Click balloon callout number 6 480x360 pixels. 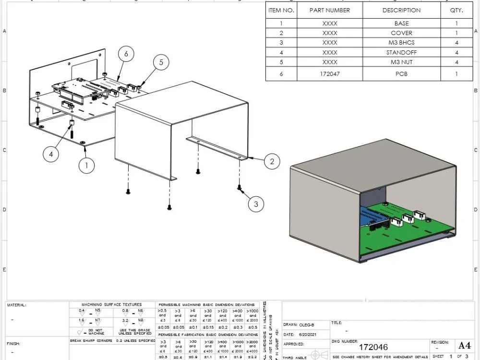126,54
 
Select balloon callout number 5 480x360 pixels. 161,62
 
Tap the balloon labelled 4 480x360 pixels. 51,154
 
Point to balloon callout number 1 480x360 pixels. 87,166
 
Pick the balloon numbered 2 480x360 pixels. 272,161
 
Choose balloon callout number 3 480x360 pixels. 256,204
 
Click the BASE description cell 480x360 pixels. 401,23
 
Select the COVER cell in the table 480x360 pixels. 401,33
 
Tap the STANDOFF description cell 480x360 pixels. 401,52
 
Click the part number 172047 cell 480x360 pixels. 330,74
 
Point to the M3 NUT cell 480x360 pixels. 401,62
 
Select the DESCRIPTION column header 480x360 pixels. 401,10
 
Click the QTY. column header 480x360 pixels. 456,10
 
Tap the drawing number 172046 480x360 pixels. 373,347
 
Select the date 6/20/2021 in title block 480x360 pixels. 308,334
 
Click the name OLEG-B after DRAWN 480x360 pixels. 307,325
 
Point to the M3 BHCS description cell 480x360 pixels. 401,43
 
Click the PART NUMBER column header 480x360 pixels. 330,10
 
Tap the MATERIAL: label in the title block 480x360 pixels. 17,305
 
